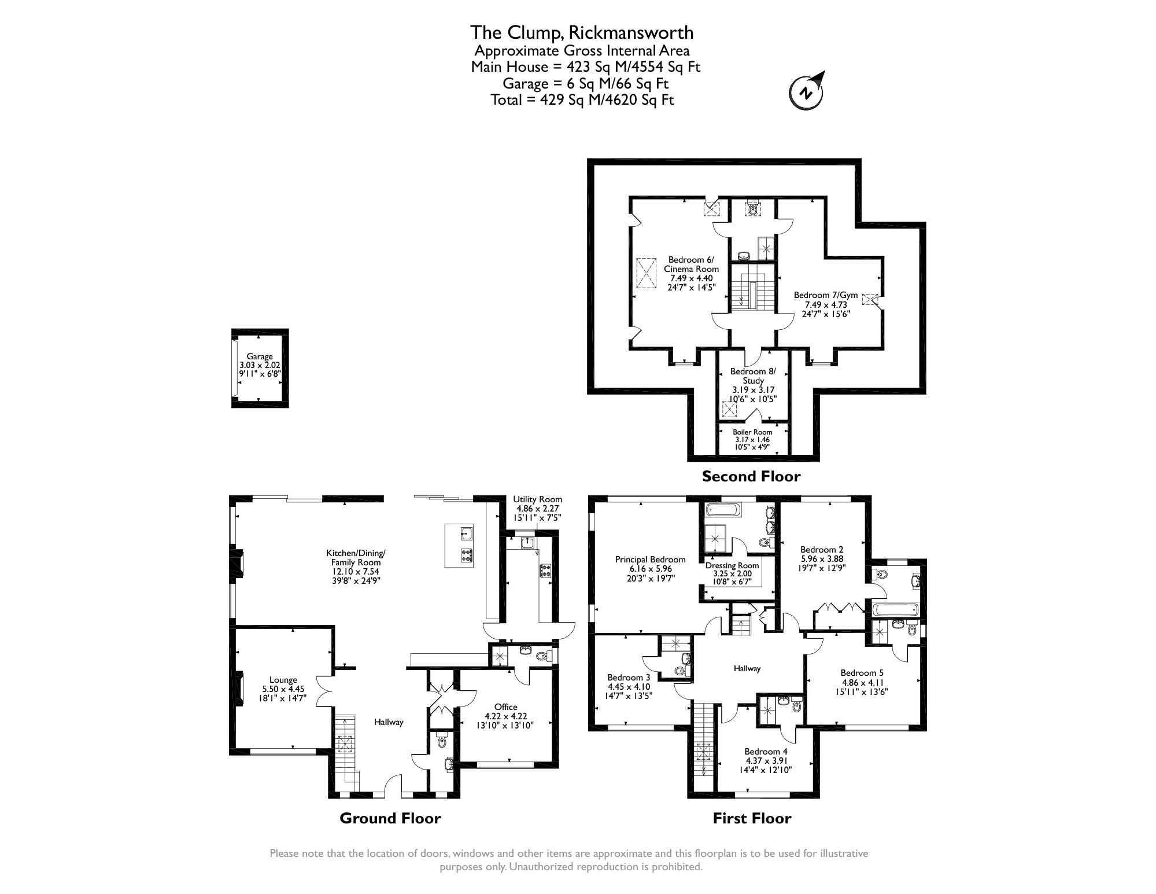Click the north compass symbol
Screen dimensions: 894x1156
pyautogui.click(x=806, y=92)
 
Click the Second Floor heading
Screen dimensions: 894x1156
pyautogui.click(x=751, y=476)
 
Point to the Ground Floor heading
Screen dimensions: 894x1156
pyautogui.click(x=390, y=818)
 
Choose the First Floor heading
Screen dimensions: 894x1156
pyautogui.click(x=751, y=818)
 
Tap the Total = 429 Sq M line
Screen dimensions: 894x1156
pyautogui.click(x=582, y=100)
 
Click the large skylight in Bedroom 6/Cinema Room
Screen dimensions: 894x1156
pyautogui.click(x=647, y=273)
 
